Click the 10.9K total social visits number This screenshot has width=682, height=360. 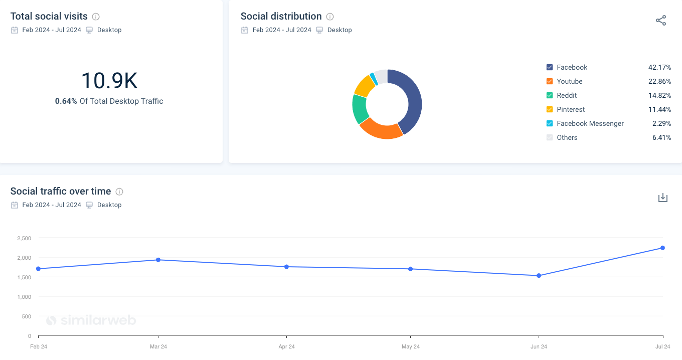[x=109, y=81]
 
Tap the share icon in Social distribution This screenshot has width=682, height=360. [x=661, y=21]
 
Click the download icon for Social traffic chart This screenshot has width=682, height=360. [x=663, y=198]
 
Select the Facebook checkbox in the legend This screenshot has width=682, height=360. [x=550, y=67]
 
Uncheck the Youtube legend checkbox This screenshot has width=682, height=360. [x=550, y=81]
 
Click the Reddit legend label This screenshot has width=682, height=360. [x=567, y=95]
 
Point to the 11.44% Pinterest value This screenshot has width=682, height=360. [x=659, y=109]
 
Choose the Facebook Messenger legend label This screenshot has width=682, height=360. [x=590, y=123]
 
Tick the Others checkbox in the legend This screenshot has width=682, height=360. [x=550, y=137]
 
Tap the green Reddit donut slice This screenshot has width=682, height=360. [x=360, y=109]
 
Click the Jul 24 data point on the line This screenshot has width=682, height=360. [x=662, y=248]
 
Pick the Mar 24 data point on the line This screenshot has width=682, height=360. [x=158, y=260]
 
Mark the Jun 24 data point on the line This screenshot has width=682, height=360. [x=539, y=276]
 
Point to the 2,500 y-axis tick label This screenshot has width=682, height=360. [x=24, y=238]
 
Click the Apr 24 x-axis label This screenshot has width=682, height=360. [x=286, y=346]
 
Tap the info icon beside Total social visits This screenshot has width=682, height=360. [x=96, y=17]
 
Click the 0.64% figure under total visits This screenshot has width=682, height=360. [x=66, y=101]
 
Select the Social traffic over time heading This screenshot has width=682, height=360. [x=61, y=191]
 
